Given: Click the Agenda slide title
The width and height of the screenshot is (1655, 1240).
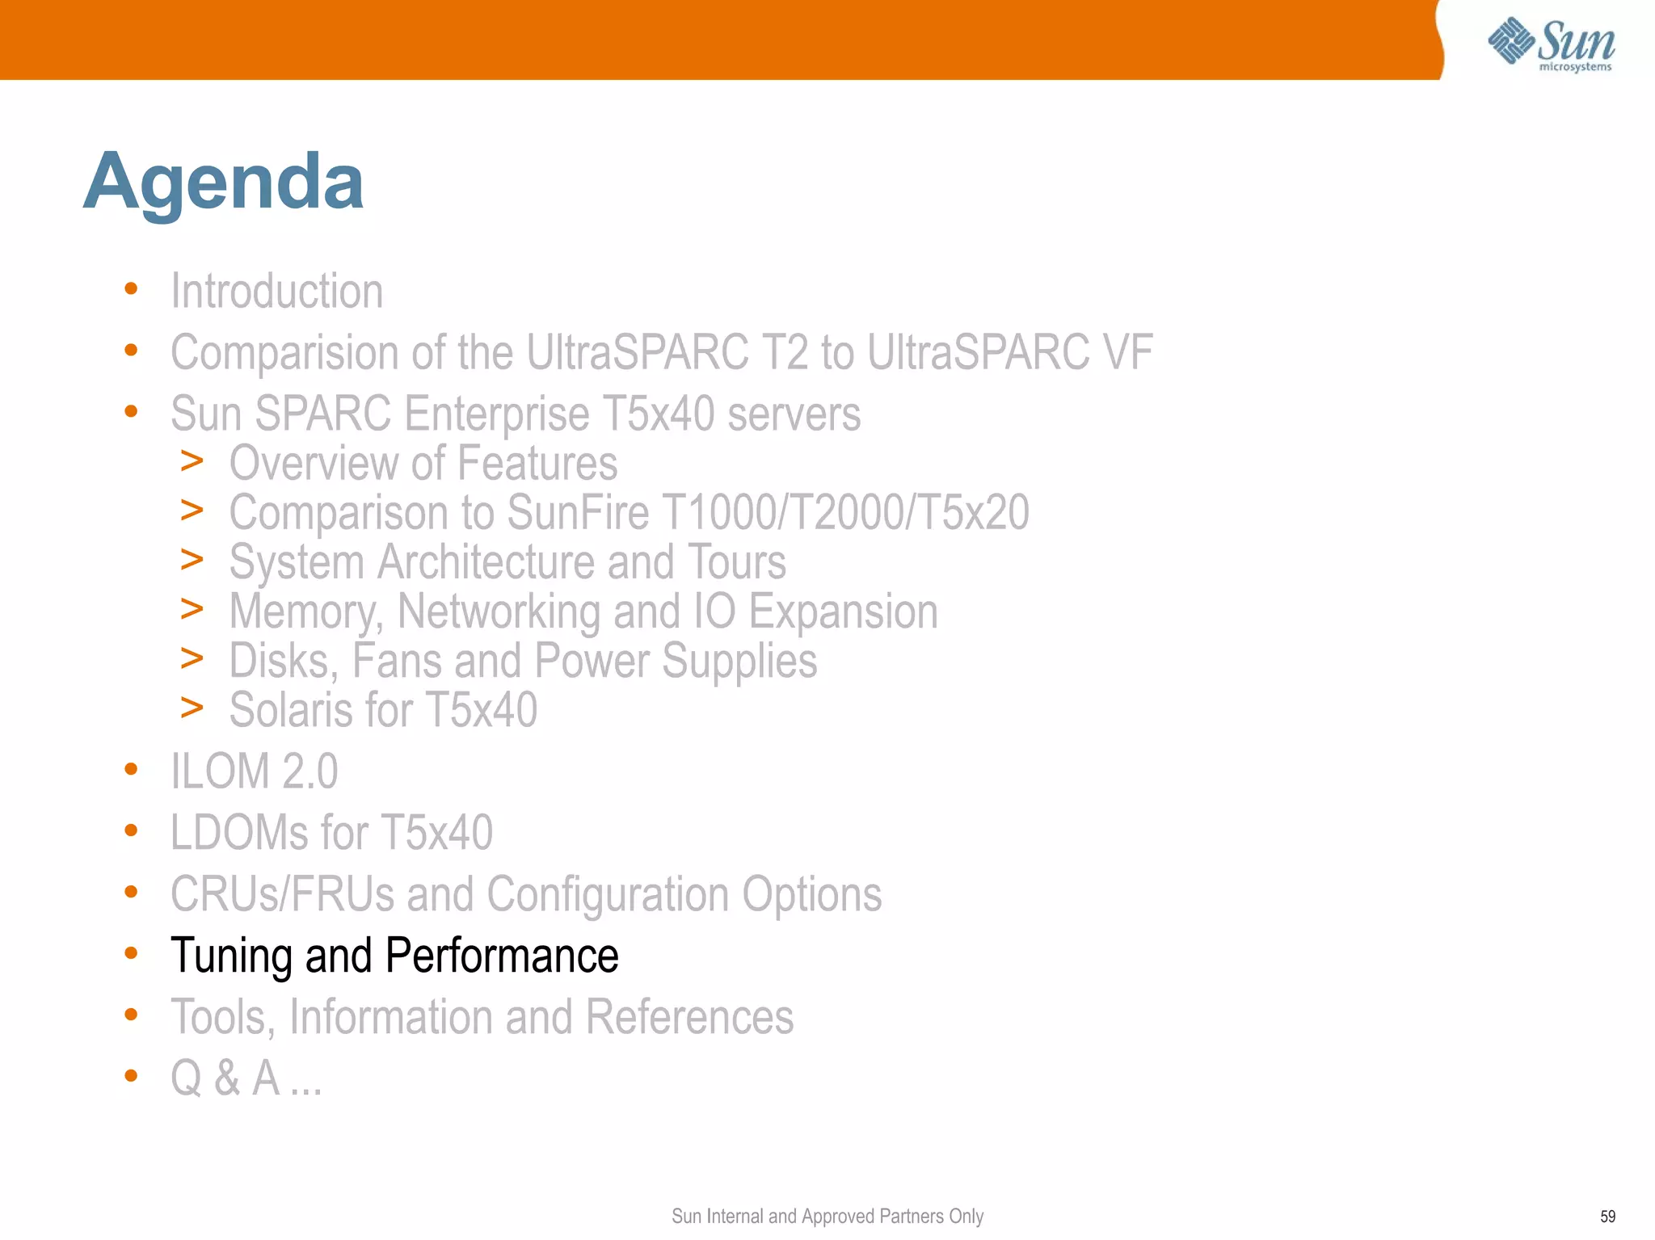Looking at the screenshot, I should click(x=224, y=183).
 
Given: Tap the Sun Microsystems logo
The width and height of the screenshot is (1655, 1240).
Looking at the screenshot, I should click(x=1551, y=44).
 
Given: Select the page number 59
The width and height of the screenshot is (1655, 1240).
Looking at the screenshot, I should click(x=1607, y=1217).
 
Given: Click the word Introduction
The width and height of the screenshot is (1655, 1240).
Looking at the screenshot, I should click(x=277, y=291).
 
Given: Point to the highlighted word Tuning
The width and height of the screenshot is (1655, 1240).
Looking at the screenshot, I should click(x=232, y=956).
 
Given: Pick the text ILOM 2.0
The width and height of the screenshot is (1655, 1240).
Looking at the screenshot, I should click(x=255, y=771).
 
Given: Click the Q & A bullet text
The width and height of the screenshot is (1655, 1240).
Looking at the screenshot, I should click(x=246, y=1078).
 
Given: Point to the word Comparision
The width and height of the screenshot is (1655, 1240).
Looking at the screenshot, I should click(x=284, y=353).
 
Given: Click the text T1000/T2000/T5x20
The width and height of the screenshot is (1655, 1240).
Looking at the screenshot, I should click(x=845, y=512).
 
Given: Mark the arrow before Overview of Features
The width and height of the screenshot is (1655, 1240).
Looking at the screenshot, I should click(x=192, y=461).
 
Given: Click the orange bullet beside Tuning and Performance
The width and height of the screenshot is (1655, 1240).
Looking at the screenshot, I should click(x=131, y=953).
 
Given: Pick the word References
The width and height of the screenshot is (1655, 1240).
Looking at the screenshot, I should click(x=689, y=1017).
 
